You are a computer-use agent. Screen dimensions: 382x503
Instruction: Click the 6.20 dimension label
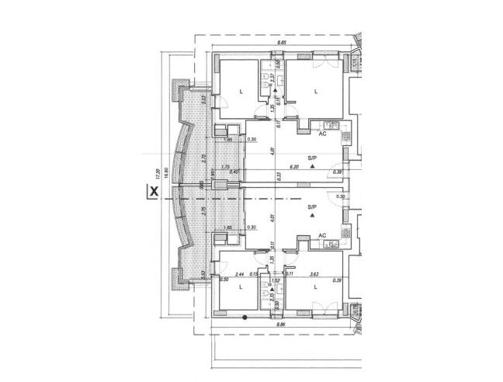294,167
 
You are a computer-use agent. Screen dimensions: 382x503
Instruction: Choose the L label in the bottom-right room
316,287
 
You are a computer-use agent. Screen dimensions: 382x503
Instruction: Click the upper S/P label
312,157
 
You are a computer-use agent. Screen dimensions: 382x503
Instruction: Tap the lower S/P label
312,207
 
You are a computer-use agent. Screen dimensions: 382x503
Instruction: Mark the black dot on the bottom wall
245,318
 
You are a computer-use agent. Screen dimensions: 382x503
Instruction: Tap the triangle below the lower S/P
312,217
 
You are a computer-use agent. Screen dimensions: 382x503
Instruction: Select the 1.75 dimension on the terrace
226,167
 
